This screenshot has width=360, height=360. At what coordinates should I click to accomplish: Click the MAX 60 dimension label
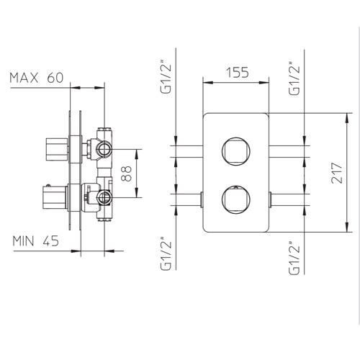click(x=37, y=78)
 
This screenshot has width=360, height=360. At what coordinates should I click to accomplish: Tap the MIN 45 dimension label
click(x=36, y=241)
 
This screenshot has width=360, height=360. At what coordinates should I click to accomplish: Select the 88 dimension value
click(x=127, y=174)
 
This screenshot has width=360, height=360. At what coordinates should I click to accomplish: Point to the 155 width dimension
click(x=238, y=73)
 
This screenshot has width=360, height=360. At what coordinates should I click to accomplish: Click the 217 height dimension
click(x=336, y=173)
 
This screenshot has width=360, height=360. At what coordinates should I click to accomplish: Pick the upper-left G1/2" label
click(x=166, y=78)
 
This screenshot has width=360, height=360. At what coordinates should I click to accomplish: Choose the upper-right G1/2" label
click(x=294, y=78)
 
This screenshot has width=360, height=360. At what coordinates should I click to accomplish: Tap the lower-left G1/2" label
click(x=166, y=254)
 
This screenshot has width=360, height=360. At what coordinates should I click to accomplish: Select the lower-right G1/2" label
click(x=294, y=258)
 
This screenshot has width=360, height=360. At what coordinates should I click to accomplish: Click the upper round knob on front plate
click(x=236, y=151)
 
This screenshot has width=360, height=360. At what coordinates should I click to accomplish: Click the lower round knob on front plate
click(x=236, y=199)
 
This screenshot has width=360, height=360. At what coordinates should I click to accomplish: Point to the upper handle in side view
click(x=57, y=149)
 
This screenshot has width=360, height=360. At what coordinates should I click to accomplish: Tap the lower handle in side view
click(x=54, y=197)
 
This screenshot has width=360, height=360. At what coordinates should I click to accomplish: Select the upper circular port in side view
click(x=104, y=149)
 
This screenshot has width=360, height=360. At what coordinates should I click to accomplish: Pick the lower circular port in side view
click(x=104, y=197)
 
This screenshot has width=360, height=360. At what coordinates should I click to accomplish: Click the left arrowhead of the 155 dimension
click(x=208, y=83)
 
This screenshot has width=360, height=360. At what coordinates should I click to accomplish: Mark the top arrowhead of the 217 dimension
click(x=347, y=118)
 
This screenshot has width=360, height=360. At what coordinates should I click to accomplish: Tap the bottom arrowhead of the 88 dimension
click(x=136, y=192)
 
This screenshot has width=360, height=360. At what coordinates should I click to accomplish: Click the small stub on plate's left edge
click(x=202, y=199)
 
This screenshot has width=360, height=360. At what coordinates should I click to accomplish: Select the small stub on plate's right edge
click(x=270, y=199)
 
